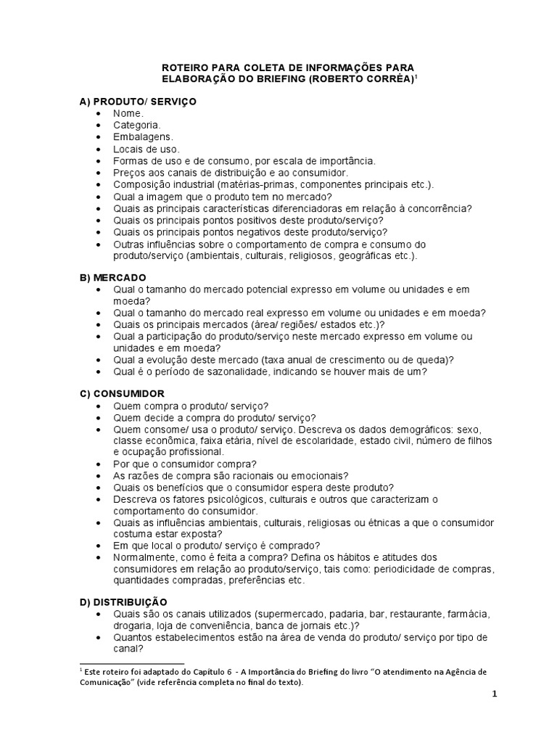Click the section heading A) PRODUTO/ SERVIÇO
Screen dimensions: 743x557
coord(137,102)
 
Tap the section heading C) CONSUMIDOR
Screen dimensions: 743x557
coord(122,393)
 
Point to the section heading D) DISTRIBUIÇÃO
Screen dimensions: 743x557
coord(123,602)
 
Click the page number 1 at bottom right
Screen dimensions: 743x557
coord(494,694)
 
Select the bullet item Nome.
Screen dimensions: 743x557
coord(128,113)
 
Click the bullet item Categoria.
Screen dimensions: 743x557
coord(136,125)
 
